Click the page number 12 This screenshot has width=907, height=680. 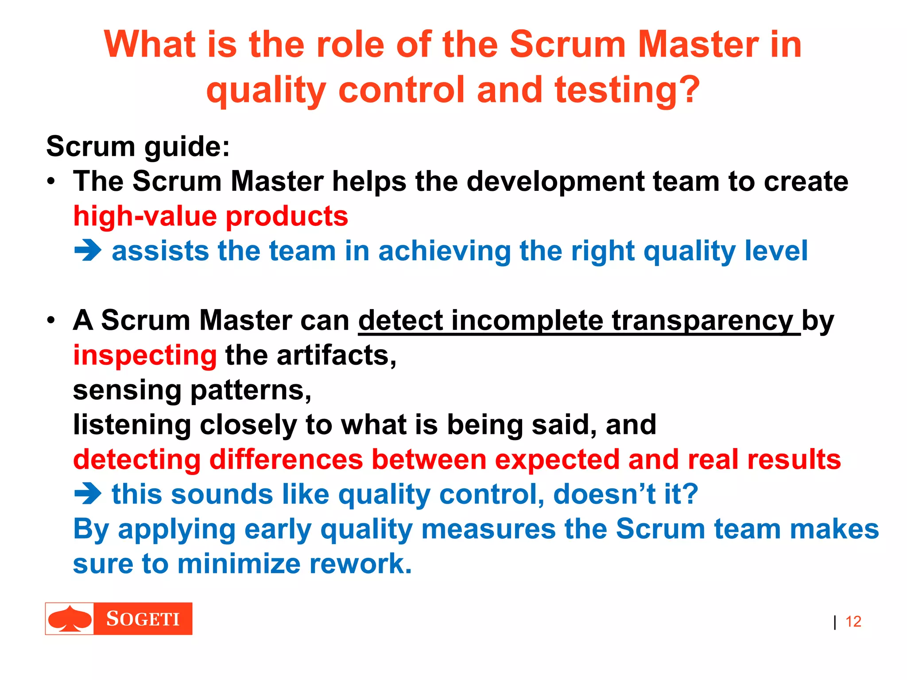tap(853, 622)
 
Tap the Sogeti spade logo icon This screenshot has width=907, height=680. tap(70, 618)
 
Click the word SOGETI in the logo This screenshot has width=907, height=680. tap(143, 619)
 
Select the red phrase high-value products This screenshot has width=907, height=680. tap(211, 216)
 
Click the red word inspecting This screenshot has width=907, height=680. tap(145, 355)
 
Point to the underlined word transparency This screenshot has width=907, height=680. tap(702, 321)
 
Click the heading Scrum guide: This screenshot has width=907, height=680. tap(138, 147)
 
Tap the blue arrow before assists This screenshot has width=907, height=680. tap(88, 251)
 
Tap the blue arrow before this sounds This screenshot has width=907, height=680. tap(88, 494)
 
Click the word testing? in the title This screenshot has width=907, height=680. tap(627, 90)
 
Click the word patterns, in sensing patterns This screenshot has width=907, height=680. tap(251, 390)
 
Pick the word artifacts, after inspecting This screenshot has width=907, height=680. tap(337, 355)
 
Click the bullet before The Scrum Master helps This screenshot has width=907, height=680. tap(52, 182)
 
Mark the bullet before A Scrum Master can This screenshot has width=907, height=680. tap(52, 321)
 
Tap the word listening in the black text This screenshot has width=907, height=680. tap(132, 425)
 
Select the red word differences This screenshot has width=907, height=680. tap(286, 460)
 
